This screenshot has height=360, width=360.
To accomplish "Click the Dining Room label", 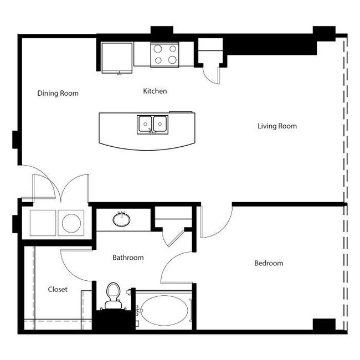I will coord(58,93).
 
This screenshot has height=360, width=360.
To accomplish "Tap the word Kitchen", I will coord(155,91).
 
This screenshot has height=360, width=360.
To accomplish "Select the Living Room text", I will coord(277,126).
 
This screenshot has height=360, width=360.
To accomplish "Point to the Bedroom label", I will coord(269,263).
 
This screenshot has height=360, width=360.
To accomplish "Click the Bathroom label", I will coord(128,258).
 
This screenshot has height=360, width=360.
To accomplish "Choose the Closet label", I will coord(58,289).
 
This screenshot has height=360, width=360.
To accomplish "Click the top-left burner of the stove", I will coord(158,48).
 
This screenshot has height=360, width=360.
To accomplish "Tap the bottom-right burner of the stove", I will coord(172,60).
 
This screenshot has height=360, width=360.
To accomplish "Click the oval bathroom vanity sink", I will coord(122,220).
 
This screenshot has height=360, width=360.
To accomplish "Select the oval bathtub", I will coord(163,310).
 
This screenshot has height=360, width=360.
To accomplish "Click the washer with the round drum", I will coord(71,223).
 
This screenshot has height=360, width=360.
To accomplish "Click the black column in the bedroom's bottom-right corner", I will coord(324,325).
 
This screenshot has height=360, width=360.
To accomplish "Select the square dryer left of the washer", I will coord(43,223).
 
